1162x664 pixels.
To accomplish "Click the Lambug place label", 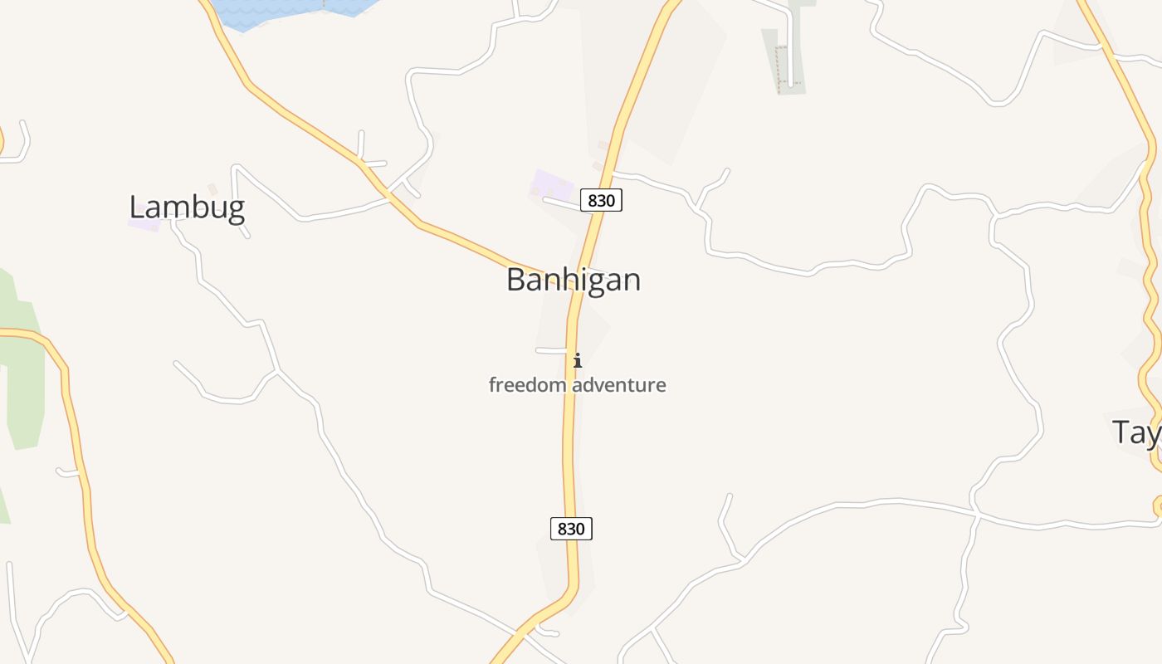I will tap(187, 207).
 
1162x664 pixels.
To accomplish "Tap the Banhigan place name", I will tap(574, 280).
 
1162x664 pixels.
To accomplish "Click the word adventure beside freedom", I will tap(619, 385).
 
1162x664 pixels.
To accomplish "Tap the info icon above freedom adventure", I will tap(578, 360).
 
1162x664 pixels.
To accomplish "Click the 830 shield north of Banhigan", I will tap(601, 200).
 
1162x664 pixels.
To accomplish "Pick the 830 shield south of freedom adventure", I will tap(571, 529).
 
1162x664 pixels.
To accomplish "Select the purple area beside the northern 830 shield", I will tap(553, 184).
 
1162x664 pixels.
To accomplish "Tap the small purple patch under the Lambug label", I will tap(144, 225).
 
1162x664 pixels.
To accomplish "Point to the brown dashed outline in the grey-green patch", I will tap(778, 66).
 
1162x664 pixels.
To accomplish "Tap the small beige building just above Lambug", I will tap(212, 189).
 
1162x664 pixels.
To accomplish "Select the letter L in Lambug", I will tap(137, 207).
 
